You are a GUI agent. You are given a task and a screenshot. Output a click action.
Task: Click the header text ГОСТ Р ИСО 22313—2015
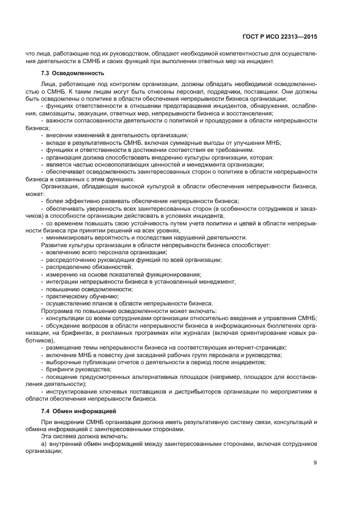(x=284, y=37)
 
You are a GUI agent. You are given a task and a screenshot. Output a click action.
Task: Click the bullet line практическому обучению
(x=81, y=296)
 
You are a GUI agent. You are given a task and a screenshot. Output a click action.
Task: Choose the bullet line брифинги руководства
(x=76, y=369)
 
